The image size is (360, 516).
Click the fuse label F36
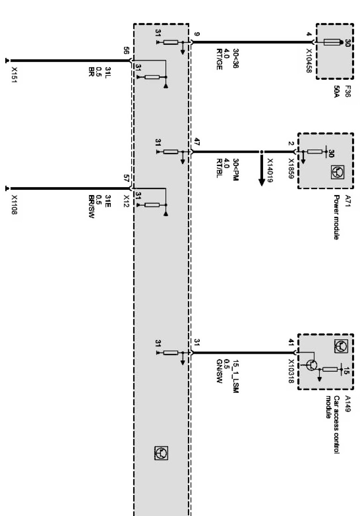[348, 92]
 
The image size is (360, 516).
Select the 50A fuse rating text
[337, 92]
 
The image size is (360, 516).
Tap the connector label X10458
[309, 60]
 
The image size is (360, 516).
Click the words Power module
[337, 217]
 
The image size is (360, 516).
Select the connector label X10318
[291, 371]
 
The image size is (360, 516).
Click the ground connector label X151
[15, 75]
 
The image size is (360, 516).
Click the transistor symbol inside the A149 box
[312, 365]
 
